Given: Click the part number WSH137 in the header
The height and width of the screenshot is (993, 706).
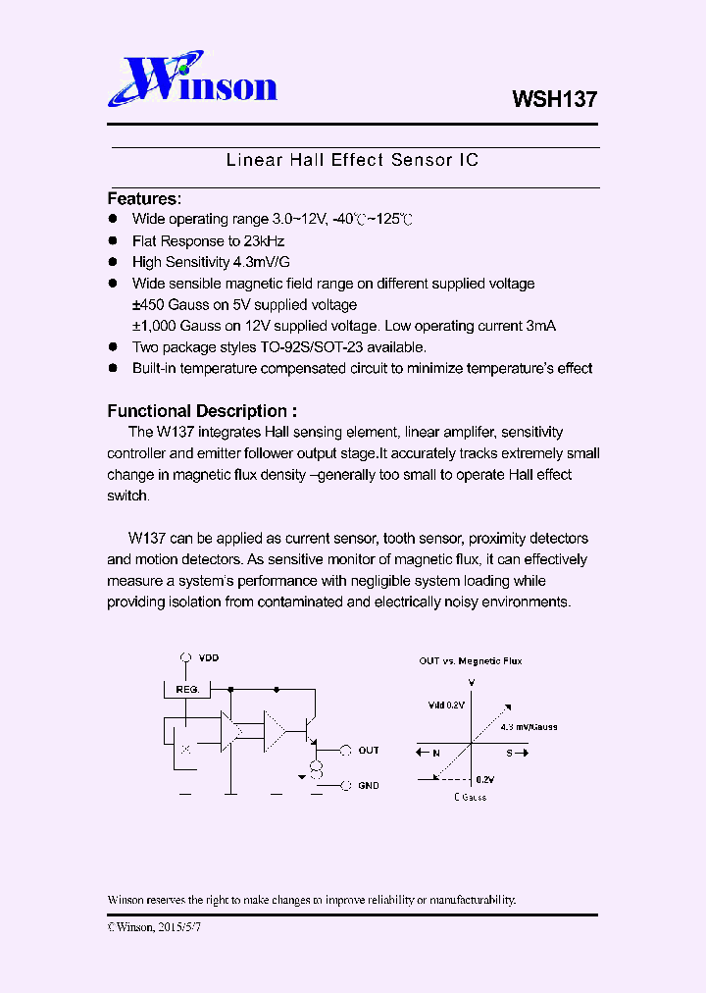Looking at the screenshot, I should coord(554,99).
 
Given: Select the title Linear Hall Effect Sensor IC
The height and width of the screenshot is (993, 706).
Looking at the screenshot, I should coord(352,159).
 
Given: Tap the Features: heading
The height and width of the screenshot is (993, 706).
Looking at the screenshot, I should coord(144,198).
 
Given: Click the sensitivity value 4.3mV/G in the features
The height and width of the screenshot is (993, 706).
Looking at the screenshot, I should coord(261,262).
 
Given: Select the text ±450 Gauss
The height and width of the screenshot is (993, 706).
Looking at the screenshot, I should coord(164,304).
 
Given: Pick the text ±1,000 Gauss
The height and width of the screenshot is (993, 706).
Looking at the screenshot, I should coord(169,326).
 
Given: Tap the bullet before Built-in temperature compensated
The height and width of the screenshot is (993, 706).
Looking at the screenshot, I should coord(113,368).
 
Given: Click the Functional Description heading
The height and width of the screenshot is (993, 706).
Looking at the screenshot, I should coord(201,411).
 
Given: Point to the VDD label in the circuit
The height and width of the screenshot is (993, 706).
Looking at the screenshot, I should coord(209,656).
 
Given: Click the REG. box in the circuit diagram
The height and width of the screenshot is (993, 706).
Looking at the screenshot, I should coord(186,689).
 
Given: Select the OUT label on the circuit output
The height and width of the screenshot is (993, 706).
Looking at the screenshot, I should coord(369,750).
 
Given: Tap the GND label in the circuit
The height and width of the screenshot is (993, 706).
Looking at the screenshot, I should coord(369,785).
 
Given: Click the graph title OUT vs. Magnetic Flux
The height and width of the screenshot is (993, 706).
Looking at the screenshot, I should coord(471,660).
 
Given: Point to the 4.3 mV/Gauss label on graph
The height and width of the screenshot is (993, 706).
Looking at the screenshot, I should coord(529,727).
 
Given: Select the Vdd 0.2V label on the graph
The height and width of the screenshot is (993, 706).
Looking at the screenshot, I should coord(446,705).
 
